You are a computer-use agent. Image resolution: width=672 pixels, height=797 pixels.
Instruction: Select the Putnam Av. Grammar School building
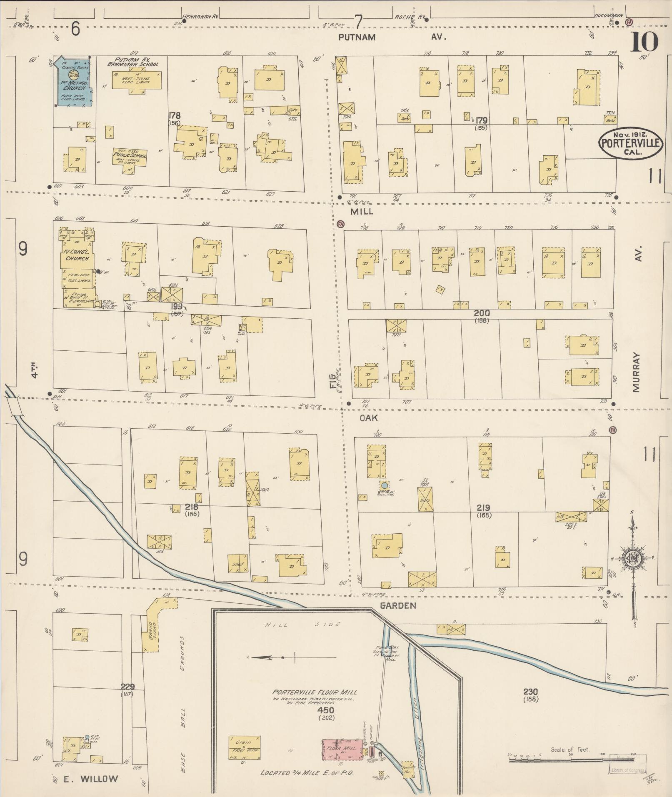[137, 79]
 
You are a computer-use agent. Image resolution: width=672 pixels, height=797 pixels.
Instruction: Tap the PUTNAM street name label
[357, 37]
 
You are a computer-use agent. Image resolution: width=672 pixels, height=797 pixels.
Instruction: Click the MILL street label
[361, 212]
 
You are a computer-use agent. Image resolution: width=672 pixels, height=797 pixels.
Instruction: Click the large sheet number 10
[644, 42]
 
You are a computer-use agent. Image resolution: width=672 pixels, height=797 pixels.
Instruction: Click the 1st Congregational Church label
[77, 255]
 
